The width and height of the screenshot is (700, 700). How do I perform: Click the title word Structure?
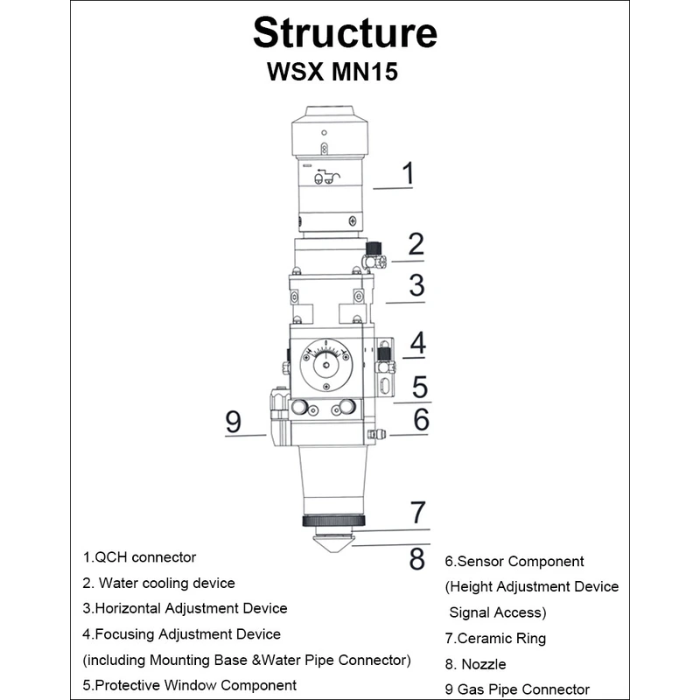[x=345, y=33]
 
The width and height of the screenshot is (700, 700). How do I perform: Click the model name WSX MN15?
[x=332, y=73]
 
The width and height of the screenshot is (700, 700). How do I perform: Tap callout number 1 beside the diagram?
[x=407, y=173]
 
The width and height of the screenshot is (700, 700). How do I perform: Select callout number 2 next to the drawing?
[x=416, y=244]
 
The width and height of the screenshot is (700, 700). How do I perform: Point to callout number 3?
[x=416, y=285]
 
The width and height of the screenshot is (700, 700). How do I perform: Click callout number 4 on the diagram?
[x=418, y=343]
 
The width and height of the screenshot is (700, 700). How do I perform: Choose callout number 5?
[x=420, y=386]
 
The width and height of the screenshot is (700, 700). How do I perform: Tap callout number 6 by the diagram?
[x=421, y=420]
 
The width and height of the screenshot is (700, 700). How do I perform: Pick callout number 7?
[x=417, y=512]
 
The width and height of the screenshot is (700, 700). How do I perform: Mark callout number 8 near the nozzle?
[x=417, y=557]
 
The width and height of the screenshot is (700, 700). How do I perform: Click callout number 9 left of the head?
[x=233, y=422]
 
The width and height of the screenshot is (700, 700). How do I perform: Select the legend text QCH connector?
[x=140, y=557]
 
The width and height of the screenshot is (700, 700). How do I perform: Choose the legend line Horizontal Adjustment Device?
[x=185, y=608]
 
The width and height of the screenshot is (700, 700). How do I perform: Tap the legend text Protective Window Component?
[x=190, y=685]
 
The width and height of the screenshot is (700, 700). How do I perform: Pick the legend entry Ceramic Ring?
[x=495, y=639]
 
